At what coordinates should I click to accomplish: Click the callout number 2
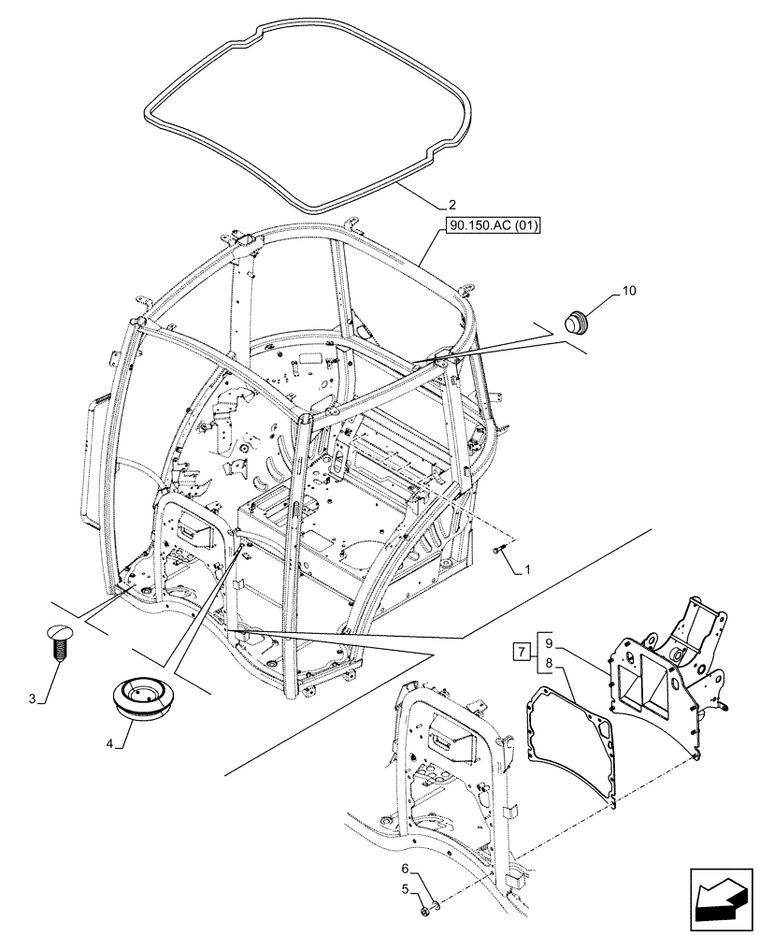(451, 205)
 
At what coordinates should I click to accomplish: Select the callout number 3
(35, 699)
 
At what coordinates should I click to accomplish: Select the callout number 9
(549, 643)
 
